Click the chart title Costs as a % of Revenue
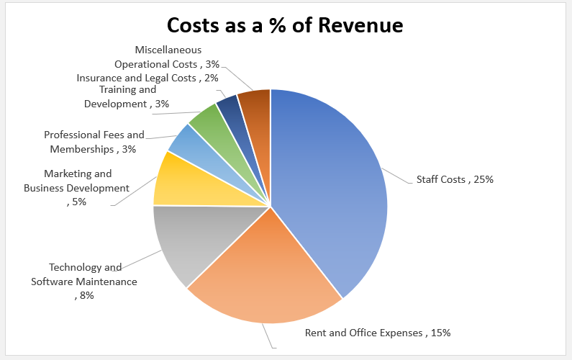[x=285, y=24]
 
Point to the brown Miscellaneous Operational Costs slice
[x=255, y=104]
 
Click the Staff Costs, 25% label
[x=455, y=179]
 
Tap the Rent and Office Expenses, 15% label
[x=378, y=333]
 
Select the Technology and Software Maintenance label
[x=84, y=281]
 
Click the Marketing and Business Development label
[x=77, y=187]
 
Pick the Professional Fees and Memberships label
[x=94, y=142]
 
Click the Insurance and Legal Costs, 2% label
[x=147, y=78]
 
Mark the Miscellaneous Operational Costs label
[x=167, y=57]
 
